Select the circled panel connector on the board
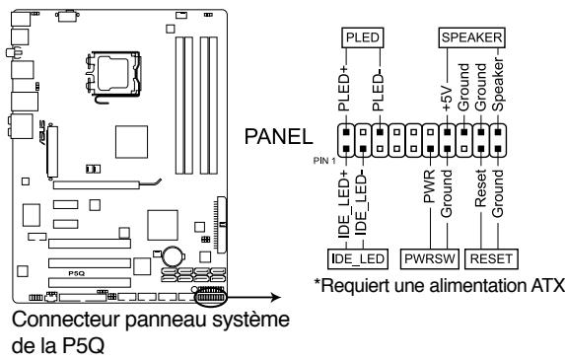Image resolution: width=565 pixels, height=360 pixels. click(x=209, y=296)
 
